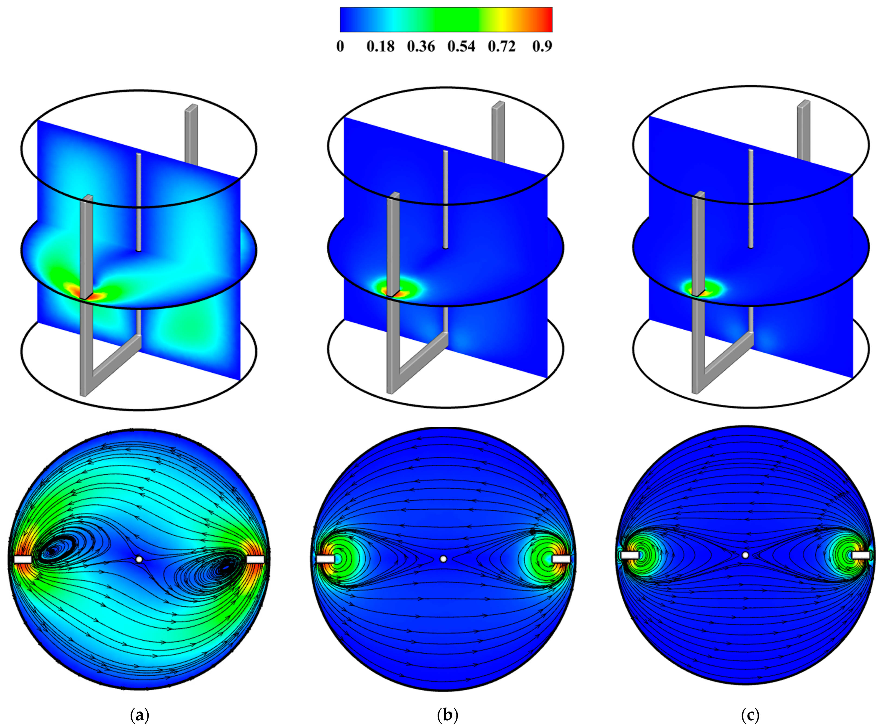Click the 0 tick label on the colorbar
click(340, 46)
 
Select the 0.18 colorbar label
click(381, 46)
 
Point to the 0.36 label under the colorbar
click(421, 46)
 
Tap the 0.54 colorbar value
click(461, 46)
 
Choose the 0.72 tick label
click(502, 46)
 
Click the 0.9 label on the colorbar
click(542, 46)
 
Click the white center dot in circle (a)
click(139, 559)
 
